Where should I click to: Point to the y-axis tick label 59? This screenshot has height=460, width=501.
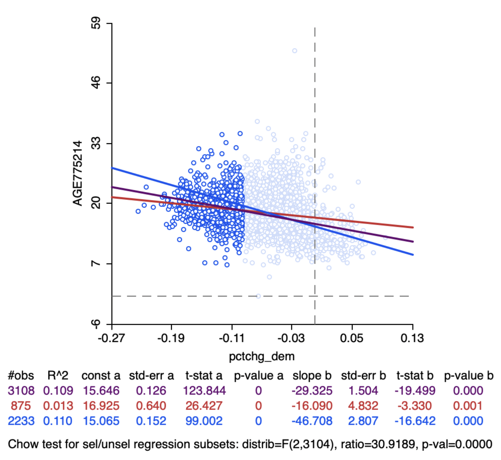96,23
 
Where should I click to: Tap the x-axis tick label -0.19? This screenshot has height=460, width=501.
171,338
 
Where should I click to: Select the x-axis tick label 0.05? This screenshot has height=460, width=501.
352,338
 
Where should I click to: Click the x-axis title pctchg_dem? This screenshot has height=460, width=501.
262,356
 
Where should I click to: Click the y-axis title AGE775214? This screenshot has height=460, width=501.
77,173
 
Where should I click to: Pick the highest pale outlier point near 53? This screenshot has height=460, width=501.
295,51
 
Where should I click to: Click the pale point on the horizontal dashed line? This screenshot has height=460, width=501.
258,296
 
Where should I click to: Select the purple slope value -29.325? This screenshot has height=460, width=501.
312,391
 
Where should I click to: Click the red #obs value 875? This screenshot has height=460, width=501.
21,406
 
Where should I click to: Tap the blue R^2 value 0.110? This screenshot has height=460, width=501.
58,421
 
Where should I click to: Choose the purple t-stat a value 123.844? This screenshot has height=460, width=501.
204,391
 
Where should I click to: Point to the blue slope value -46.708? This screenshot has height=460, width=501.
312,421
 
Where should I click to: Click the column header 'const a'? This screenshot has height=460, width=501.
101,376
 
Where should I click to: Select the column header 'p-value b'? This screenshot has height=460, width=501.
469,376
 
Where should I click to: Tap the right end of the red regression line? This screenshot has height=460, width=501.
413,227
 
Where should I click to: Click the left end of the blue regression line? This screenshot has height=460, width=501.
112,168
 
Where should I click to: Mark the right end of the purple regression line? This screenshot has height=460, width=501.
413,242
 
